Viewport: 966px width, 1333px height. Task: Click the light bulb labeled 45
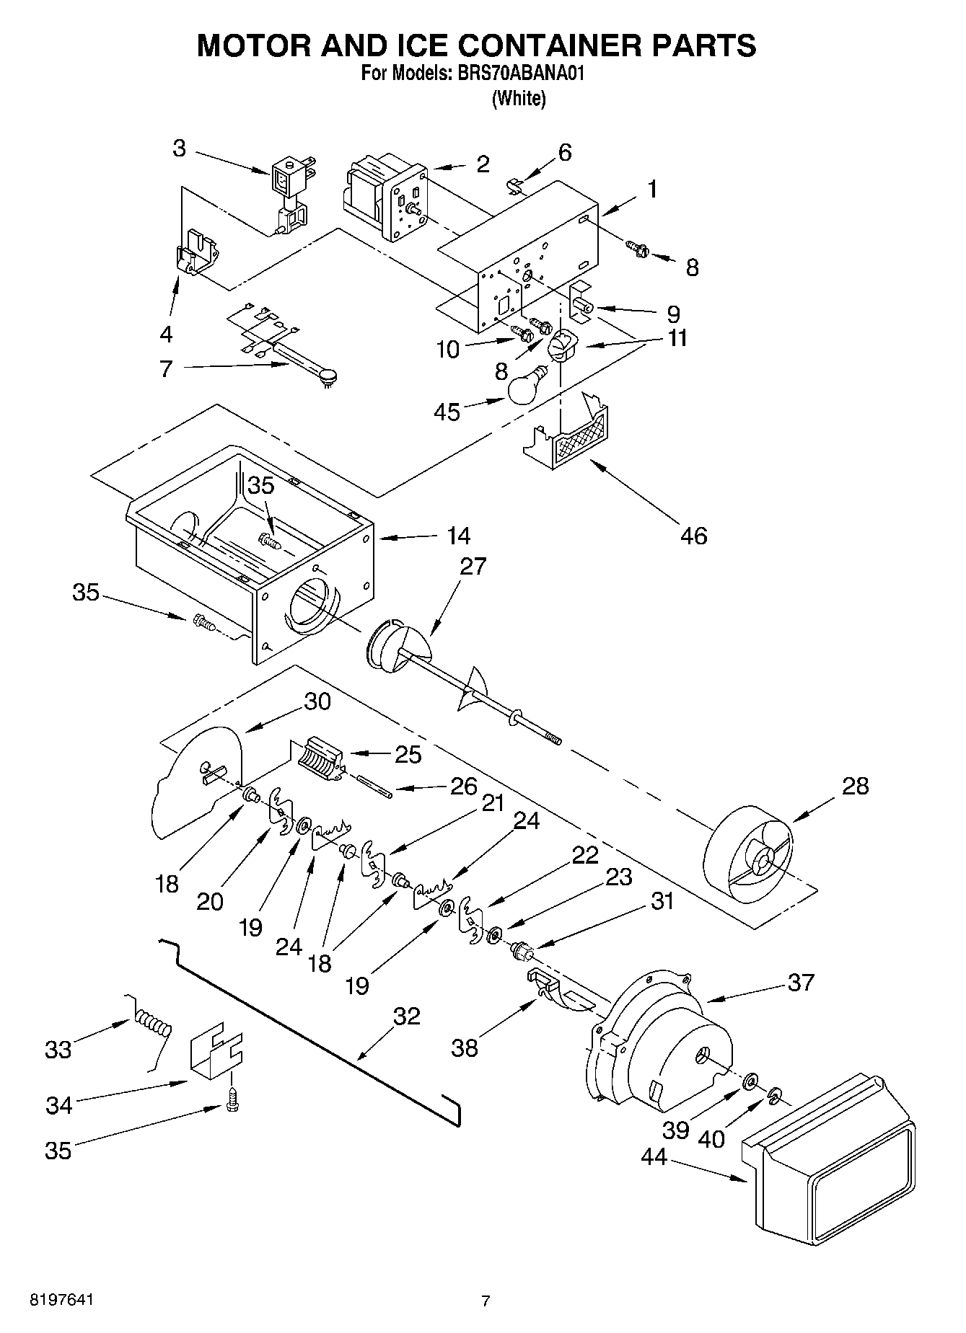coord(531,387)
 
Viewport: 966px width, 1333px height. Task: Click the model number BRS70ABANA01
coord(524,73)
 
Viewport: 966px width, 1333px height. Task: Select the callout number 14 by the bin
coord(457,536)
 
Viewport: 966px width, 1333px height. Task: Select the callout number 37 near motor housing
coord(800,982)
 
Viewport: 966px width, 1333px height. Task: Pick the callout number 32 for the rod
coord(406,1016)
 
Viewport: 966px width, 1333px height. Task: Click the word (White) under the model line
coord(518,99)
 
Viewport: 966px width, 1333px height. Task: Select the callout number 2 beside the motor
coord(483,164)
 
